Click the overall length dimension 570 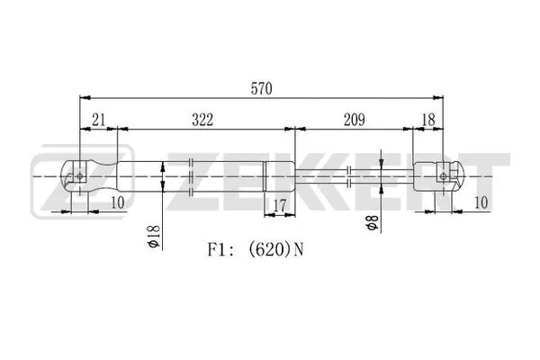point(261,88)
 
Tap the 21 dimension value point(98,120)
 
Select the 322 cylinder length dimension point(202,120)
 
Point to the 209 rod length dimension point(355,120)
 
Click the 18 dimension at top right point(428,120)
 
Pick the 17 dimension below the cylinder point(280,206)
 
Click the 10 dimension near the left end point(117,202)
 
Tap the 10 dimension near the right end point(481,202)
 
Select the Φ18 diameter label point(153,237)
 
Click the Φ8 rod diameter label point(373,222)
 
